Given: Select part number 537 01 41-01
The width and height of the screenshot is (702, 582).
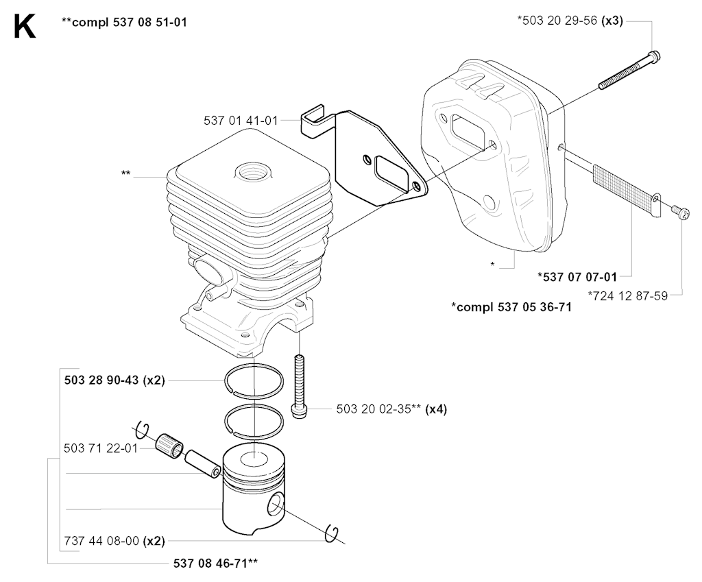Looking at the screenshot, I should tap(241, 121).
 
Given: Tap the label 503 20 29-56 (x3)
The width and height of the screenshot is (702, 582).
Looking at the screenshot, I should tap(570, 21).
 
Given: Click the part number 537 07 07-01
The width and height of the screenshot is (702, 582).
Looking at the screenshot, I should tap(577, 277).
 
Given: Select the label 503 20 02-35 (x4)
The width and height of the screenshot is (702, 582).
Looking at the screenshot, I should tap(391, 409).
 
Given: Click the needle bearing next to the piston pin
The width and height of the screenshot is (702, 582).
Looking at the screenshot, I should tap(170, 445).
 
